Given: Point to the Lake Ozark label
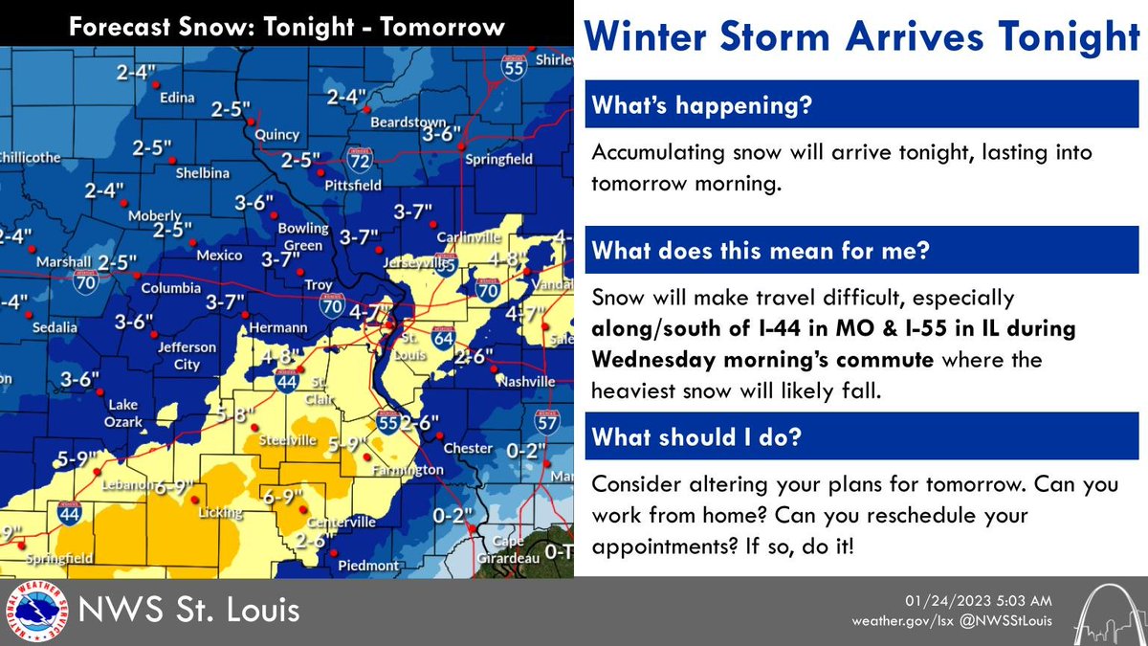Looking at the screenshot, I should pos(124,412).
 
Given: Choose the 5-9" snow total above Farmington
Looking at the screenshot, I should pos(348,444).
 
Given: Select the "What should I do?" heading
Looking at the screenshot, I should pos(696,436).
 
